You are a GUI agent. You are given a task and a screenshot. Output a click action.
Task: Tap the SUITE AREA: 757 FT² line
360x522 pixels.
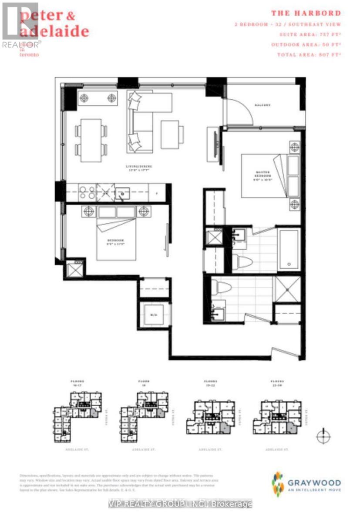306,34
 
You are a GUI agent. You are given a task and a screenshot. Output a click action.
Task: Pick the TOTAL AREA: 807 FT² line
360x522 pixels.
309,55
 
